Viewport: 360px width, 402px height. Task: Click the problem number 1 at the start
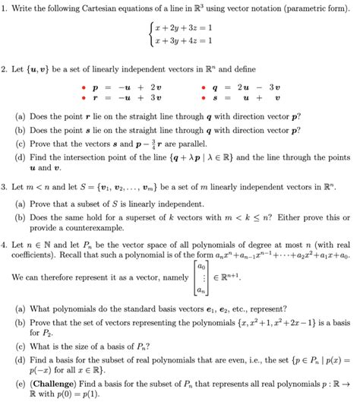(x=5, y=8)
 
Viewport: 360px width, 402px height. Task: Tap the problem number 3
(x=5, y=185)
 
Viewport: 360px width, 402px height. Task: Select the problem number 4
(x=5, y=245)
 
